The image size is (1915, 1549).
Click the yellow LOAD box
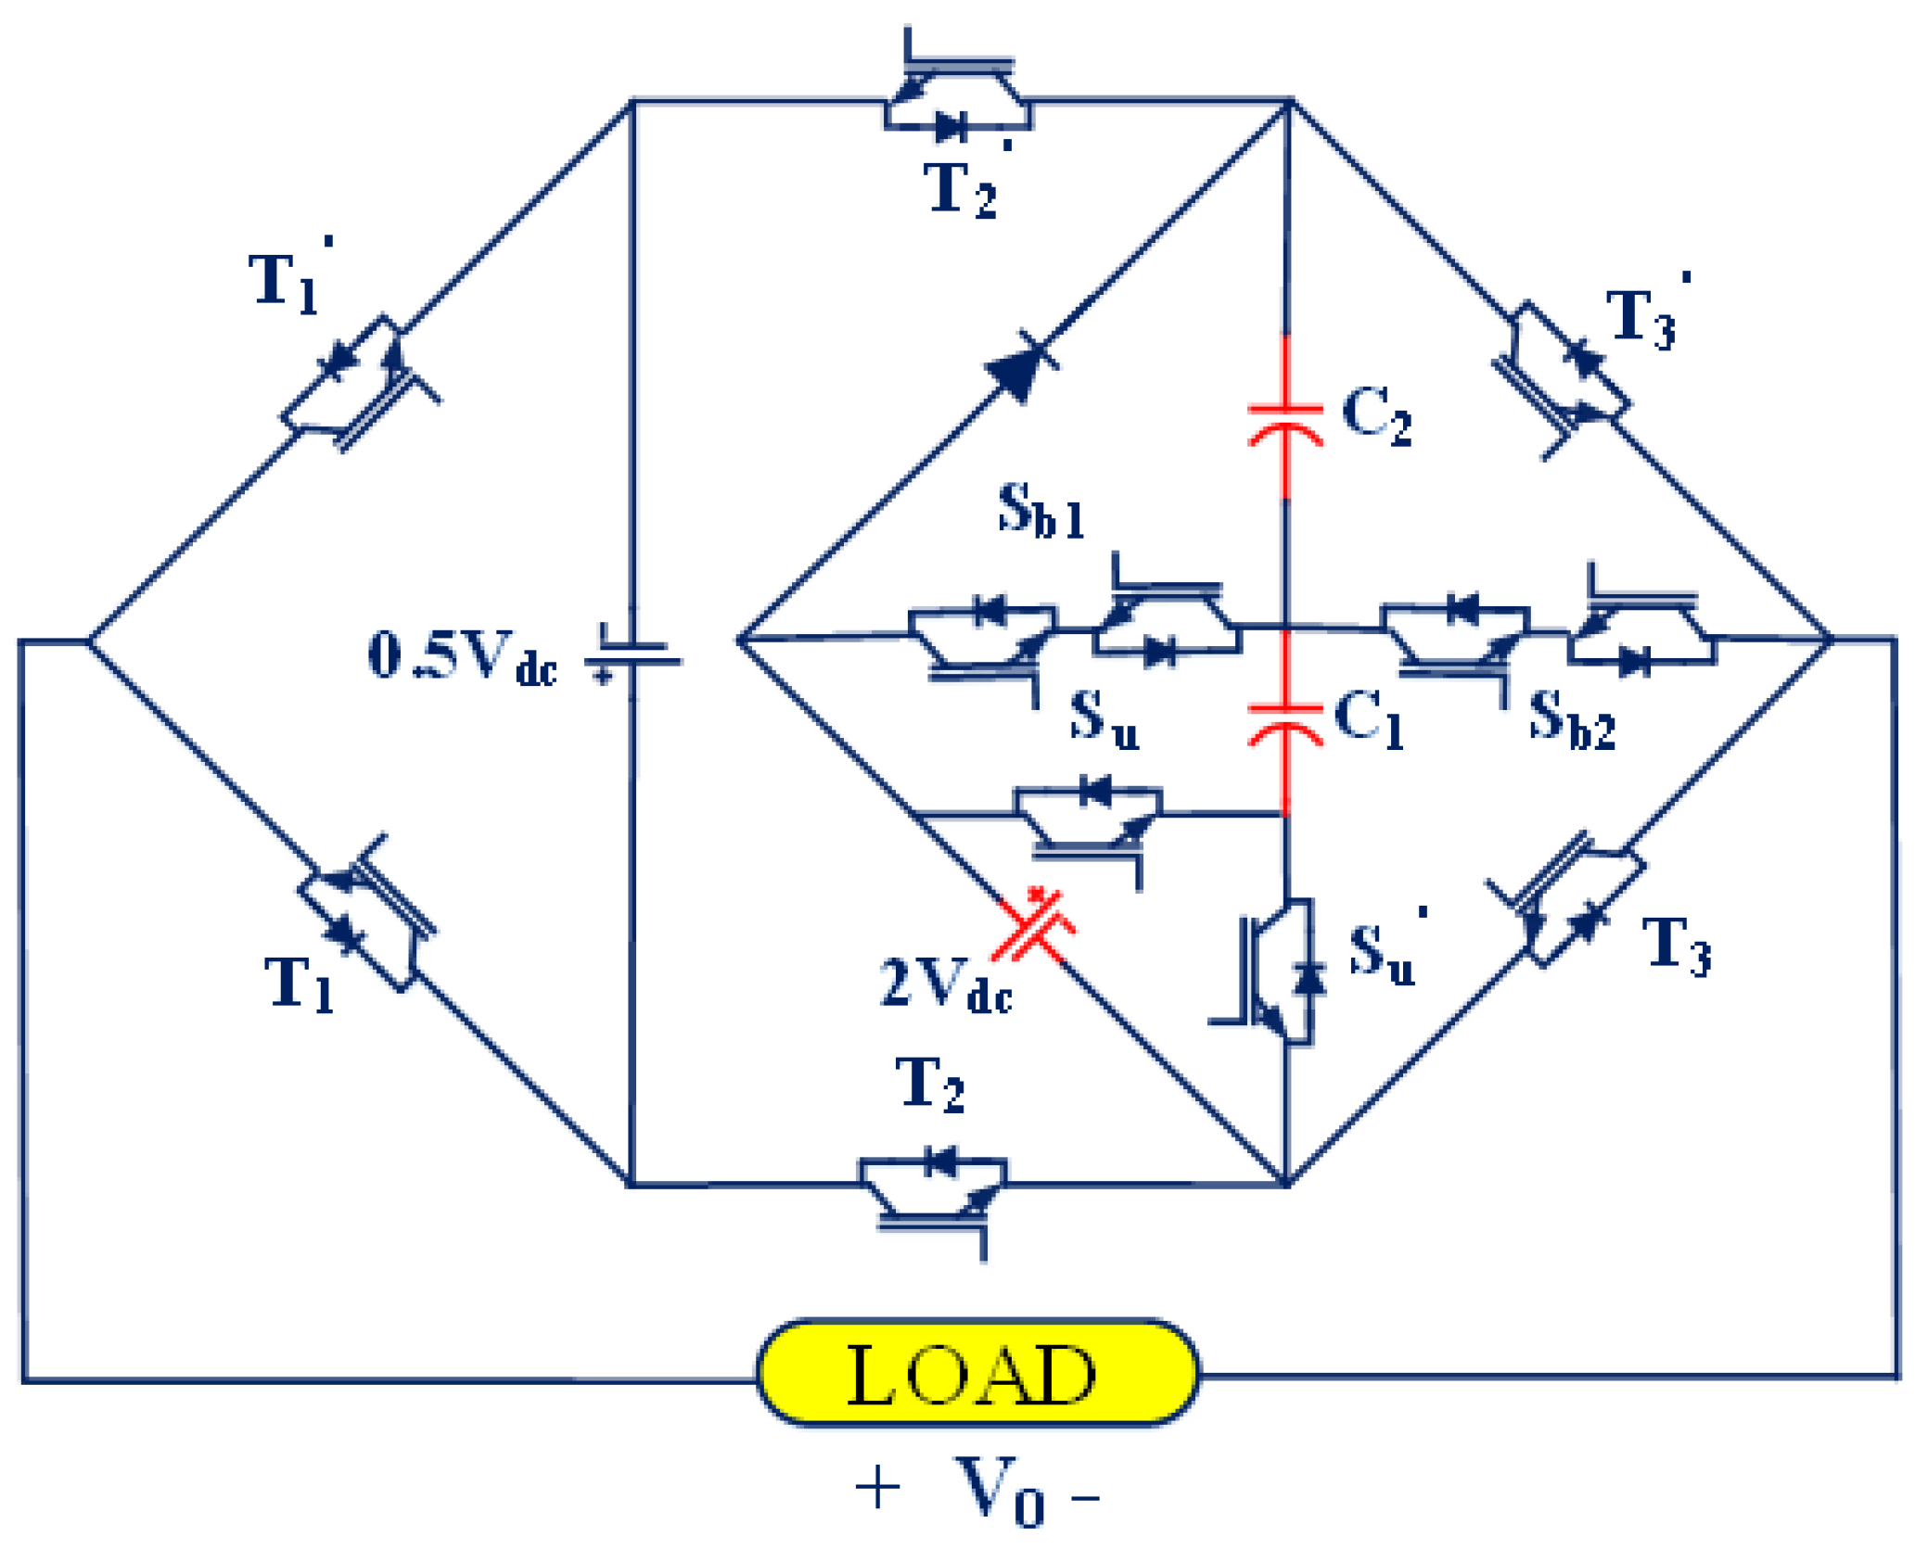click(977, 1373)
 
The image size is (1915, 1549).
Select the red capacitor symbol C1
click(1285, 724)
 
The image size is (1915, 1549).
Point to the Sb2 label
click(1571, 719)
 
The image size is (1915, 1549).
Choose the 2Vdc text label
click(945, 984)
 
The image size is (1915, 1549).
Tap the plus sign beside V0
click(876, 1489)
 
